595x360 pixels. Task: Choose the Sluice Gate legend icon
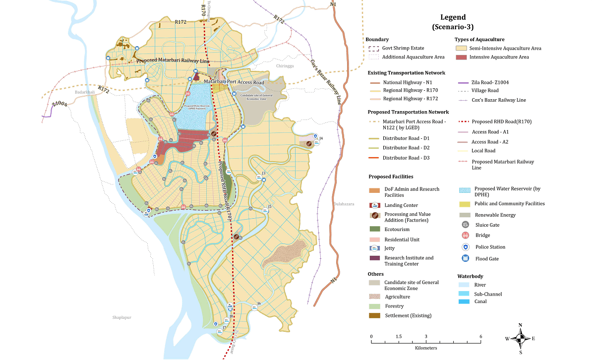pos(466,225)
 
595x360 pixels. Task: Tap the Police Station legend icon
pos(466,247)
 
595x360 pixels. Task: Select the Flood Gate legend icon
pos(466,258)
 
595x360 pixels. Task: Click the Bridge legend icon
pos(466,236)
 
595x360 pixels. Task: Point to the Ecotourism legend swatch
pos(375,229)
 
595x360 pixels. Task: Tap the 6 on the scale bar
pos(480,337)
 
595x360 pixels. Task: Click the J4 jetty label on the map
pos(321,138)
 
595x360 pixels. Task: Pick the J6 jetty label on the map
pos(259,303)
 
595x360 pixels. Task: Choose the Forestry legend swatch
pos(375,306)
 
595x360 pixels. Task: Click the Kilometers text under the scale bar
pos(426,348)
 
